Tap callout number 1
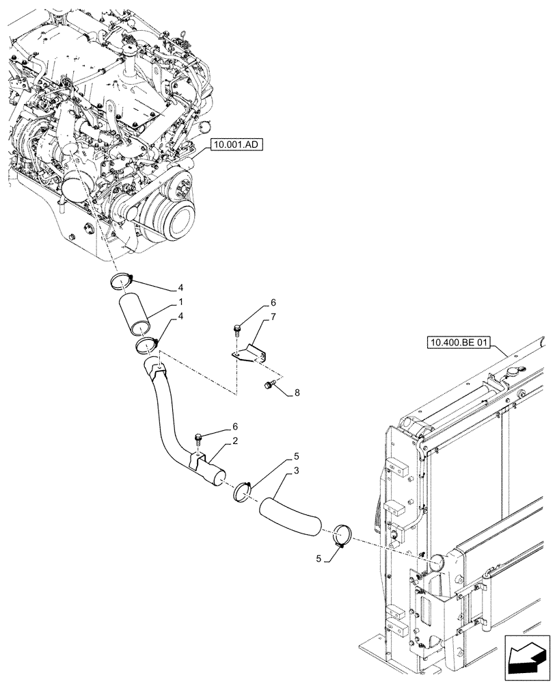(x=180, y=302)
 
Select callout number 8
(x=296, y=393)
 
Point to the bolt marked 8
(x=269, y=387)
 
